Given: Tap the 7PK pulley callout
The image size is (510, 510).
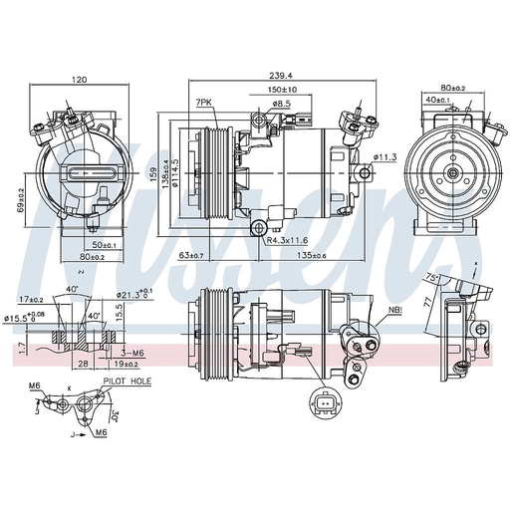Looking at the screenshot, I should pyautogui.click(x=204, y=103).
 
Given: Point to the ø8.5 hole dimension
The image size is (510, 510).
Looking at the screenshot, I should pyautogui.click(x=281, y=103).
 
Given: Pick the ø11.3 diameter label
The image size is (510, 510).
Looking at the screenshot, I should pyautogui.click(x=385, y=156).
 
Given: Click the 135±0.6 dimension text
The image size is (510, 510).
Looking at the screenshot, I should pyautogui.click(x=310, y=256).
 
